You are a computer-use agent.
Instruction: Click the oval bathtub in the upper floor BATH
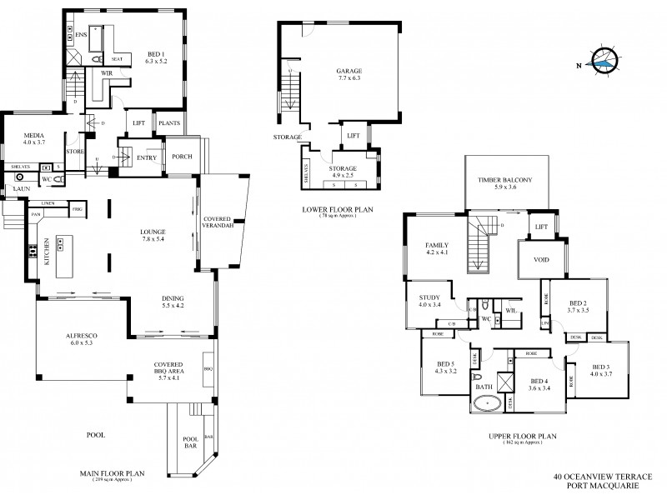(x=485, y=404)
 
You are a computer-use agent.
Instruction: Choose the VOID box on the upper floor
(x=540, y=258)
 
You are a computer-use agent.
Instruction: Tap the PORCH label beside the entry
(x=183, y=157)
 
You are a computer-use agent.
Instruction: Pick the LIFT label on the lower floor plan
(x=353, y=135)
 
